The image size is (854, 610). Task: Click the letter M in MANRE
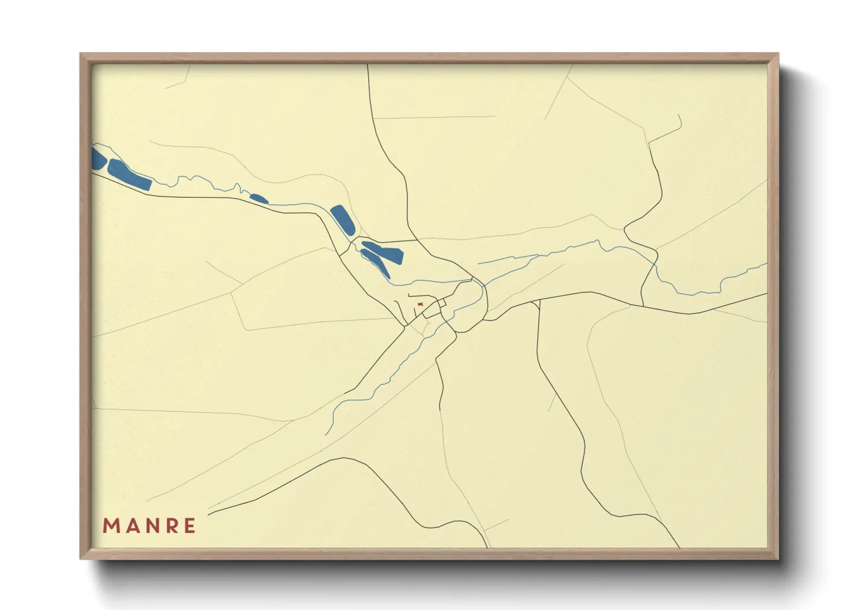pos(111,526)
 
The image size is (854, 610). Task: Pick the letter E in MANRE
pos(189,526)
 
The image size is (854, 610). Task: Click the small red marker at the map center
pos(420,304)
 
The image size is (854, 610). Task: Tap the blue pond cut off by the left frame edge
pos(98,159)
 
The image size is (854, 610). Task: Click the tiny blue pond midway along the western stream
pos(259,199)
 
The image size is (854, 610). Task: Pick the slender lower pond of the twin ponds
pos(374,264)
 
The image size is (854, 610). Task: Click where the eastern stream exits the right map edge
pos(766,264)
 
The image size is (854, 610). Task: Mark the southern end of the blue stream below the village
pos(326,434)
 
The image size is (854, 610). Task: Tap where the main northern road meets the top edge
pos(368,65)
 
